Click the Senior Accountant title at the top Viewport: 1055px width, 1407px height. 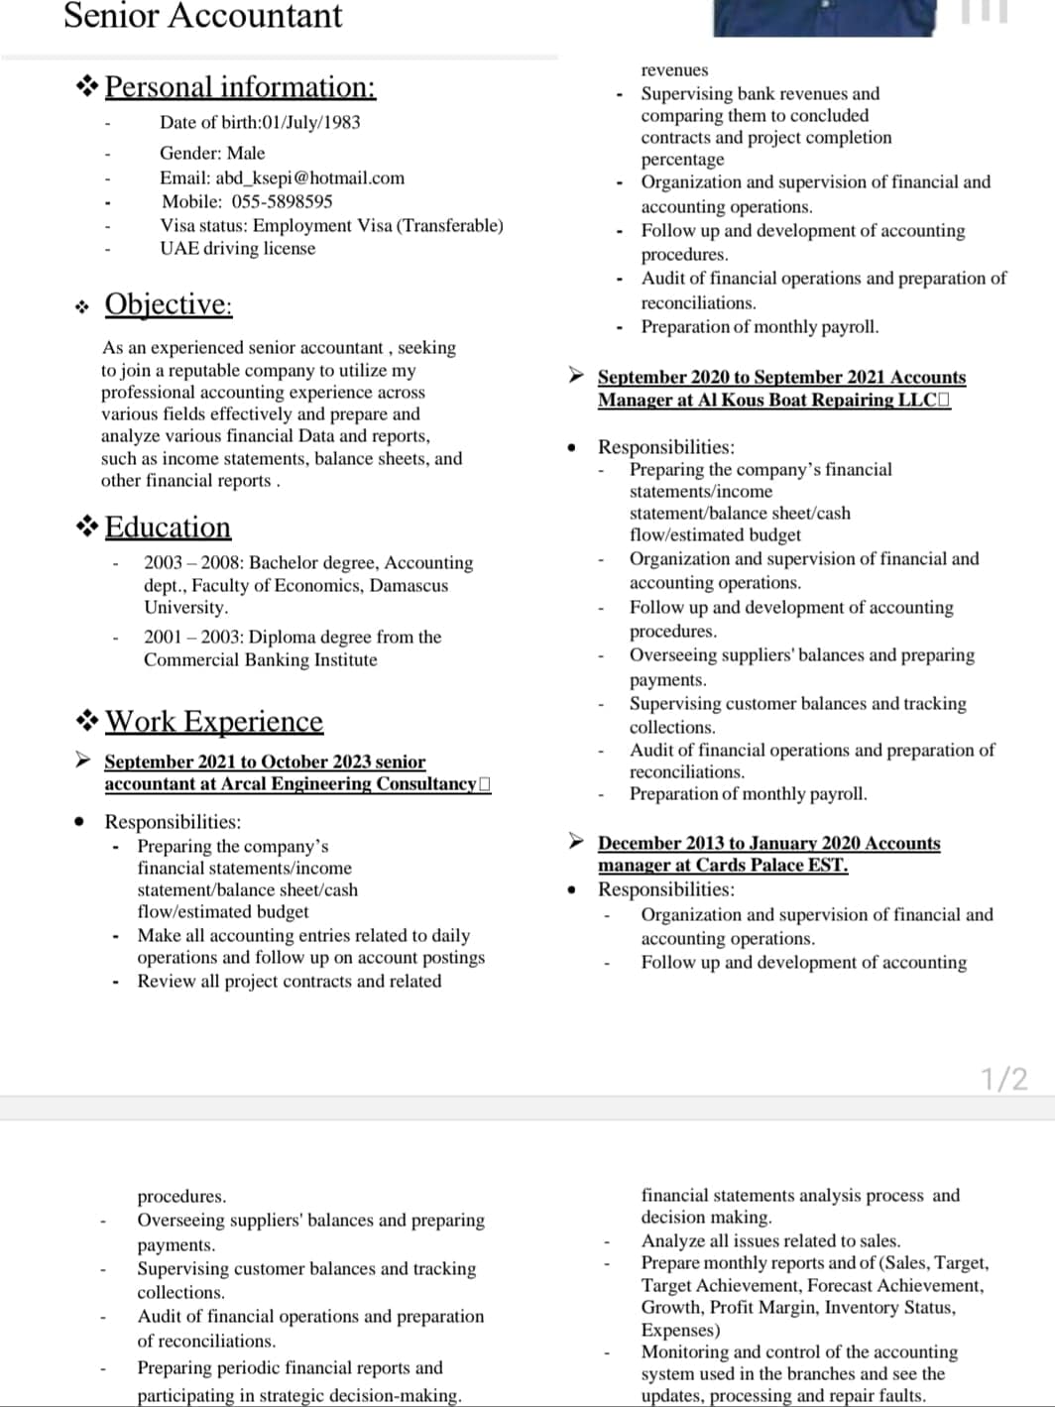(x=202, y=16)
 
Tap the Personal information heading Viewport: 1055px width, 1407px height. (x=240, y=87)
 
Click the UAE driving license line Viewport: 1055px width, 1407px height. (x=238, y=248)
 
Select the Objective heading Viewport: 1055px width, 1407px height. (x=169, y=303)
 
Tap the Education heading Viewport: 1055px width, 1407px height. (x=168, y=527)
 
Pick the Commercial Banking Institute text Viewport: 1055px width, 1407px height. (x=260, y=659)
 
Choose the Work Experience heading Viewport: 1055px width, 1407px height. (x=214, y=721)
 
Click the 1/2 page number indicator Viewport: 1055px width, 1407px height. (x=1003, y=1079)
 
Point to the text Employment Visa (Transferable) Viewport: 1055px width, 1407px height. (x=378, y=225)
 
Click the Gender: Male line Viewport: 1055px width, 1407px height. (x=212, y=153)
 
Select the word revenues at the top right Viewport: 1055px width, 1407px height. (x=674, y=69)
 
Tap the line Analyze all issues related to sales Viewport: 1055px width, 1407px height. (x=770, y=1240)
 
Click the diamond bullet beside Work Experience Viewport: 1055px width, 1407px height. (x=87, y=720)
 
